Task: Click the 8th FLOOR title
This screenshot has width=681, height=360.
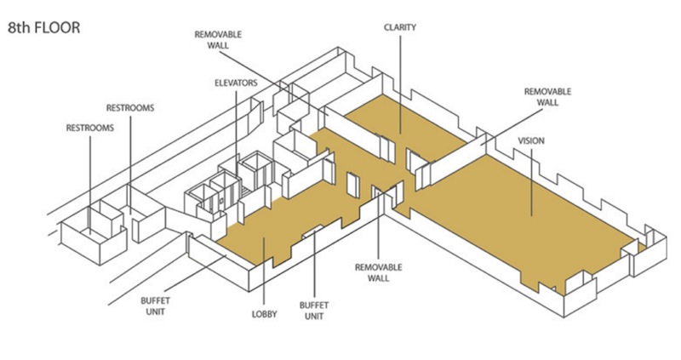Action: pyautogui.click(x=44, y=27)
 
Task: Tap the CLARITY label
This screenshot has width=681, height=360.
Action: pyautogui.click(x=399, y=27)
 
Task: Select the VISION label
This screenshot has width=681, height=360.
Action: pyautogui.click(x=531, y=140)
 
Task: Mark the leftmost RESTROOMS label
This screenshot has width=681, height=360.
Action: pyautogui.click(x=89, y=128)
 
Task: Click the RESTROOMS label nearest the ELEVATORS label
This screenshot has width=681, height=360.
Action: pyautogui.click(x=129, y=108)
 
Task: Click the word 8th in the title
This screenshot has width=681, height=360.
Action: pyautogui.click(x=20, y=27)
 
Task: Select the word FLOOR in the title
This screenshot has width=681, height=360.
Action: pyautogui.click(x=57, y=27)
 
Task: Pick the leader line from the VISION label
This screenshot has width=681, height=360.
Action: pyautogui.click(x=531, y=179)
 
